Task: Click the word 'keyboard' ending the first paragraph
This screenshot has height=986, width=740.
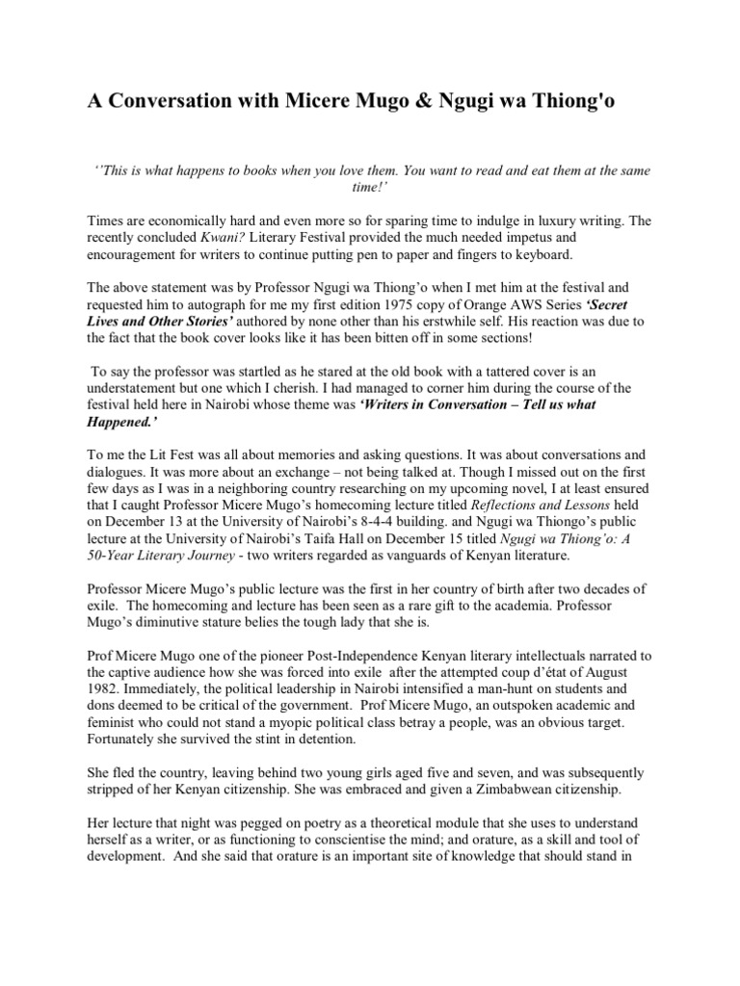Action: pos(545,256)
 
